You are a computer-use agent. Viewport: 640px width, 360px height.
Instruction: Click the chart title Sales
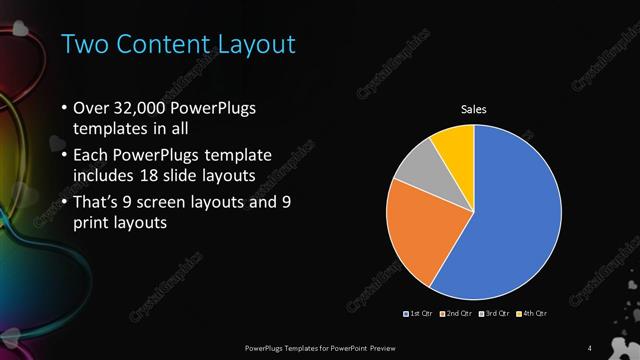point(473,109)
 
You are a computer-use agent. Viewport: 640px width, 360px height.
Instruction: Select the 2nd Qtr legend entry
point(456,313)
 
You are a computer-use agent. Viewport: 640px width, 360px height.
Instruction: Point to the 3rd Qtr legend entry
point(496,313)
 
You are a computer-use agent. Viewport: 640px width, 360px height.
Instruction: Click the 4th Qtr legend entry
point(532,313)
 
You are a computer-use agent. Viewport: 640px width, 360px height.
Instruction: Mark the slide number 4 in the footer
point(590,347)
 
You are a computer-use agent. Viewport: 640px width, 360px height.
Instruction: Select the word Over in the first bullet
point(92,107)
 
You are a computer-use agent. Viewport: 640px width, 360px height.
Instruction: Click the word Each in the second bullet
point(91,155)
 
